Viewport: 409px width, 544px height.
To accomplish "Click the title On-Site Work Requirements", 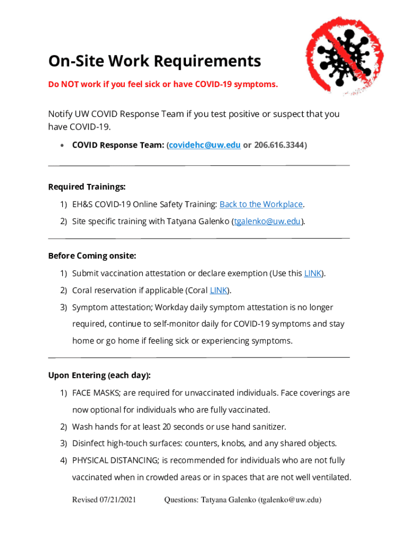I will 155,62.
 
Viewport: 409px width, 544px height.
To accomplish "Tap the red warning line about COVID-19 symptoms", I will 163,84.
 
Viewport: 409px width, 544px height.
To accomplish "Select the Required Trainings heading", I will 87,187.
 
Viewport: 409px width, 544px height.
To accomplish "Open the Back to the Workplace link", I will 261,205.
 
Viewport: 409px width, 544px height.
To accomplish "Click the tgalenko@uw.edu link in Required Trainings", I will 268,222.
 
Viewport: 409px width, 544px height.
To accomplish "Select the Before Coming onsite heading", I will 92,256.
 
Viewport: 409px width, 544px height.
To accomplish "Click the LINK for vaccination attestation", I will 312,274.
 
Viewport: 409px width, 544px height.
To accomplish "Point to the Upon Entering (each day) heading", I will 99,376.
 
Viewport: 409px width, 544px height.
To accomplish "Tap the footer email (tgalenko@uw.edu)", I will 289,500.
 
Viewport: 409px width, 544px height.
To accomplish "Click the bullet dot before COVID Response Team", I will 63,146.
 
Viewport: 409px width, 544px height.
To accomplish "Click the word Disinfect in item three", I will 88,444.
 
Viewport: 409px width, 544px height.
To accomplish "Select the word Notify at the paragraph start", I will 60,114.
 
